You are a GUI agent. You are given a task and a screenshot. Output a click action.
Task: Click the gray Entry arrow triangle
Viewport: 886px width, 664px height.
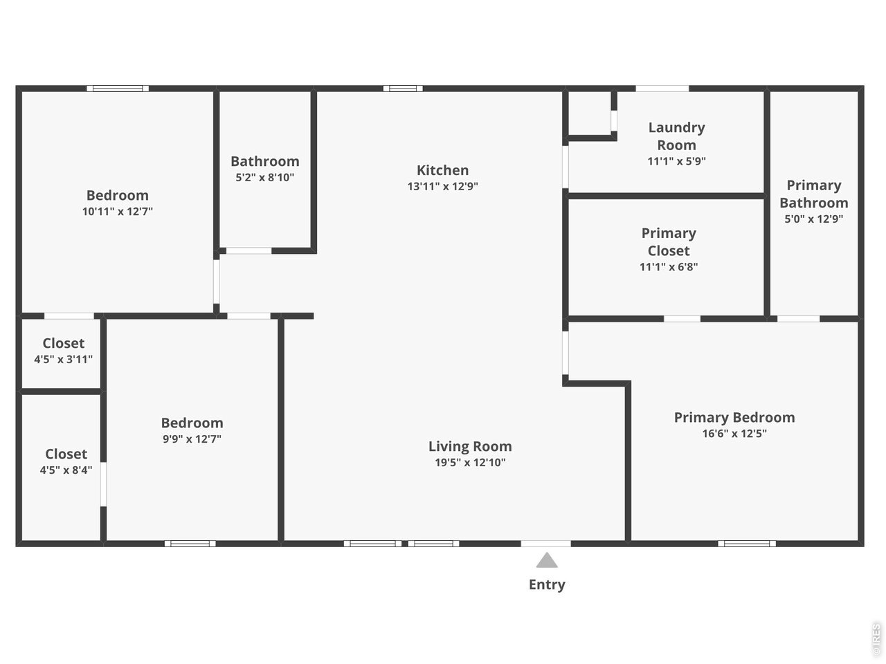coord(547,560)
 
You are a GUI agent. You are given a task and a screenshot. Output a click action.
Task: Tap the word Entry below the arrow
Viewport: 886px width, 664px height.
coord(547,584)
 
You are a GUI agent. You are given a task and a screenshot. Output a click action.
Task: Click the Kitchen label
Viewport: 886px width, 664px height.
coord(442,170)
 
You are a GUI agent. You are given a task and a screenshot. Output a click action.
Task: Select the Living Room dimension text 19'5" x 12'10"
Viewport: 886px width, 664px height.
coord(470,463)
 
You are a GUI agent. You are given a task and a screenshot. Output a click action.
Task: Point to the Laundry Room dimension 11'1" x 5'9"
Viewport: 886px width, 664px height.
coord(676,161)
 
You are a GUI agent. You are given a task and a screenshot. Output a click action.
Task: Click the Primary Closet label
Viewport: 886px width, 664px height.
coord(669,242)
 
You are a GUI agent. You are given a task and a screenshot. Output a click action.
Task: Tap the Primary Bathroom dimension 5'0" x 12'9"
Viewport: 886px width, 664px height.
coord(814,219)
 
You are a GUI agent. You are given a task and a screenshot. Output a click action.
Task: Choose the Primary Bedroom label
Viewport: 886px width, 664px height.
coord(734,417)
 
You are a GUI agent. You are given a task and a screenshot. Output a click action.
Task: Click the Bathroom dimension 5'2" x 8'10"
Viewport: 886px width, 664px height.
coord(265,177)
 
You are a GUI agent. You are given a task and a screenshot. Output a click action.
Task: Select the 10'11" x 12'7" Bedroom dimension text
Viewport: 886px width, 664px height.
coord(118,212)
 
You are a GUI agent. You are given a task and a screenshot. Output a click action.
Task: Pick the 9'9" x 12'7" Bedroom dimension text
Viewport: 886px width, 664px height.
coord(192,439)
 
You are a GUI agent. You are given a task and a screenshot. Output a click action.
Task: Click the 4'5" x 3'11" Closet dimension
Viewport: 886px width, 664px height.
coord(64,359)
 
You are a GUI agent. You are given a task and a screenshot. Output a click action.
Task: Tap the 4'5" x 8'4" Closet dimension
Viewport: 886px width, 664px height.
coord(66,470)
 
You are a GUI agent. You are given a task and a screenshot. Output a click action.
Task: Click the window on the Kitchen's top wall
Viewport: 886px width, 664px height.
coord(403,89)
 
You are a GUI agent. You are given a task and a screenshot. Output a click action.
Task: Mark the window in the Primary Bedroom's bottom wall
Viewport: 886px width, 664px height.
coord(747,544)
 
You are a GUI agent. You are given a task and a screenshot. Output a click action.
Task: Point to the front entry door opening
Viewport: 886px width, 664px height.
coord(545,544)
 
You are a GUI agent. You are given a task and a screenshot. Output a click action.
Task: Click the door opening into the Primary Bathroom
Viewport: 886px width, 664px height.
coord(798,319)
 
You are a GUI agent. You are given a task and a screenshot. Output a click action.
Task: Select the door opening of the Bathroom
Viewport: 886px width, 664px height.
coord(248,251)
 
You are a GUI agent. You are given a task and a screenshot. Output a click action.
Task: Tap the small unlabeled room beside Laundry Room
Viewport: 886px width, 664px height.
coord(589,113)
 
